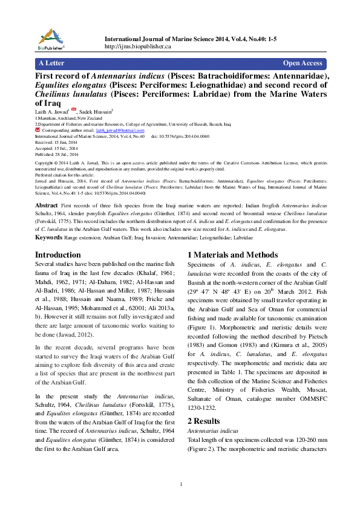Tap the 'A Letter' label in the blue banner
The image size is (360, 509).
coord(51,63)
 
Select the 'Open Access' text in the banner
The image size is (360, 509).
coord(303,63)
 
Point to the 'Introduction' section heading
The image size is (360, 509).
coord(58,255)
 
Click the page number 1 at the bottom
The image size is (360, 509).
coord(181,484)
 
